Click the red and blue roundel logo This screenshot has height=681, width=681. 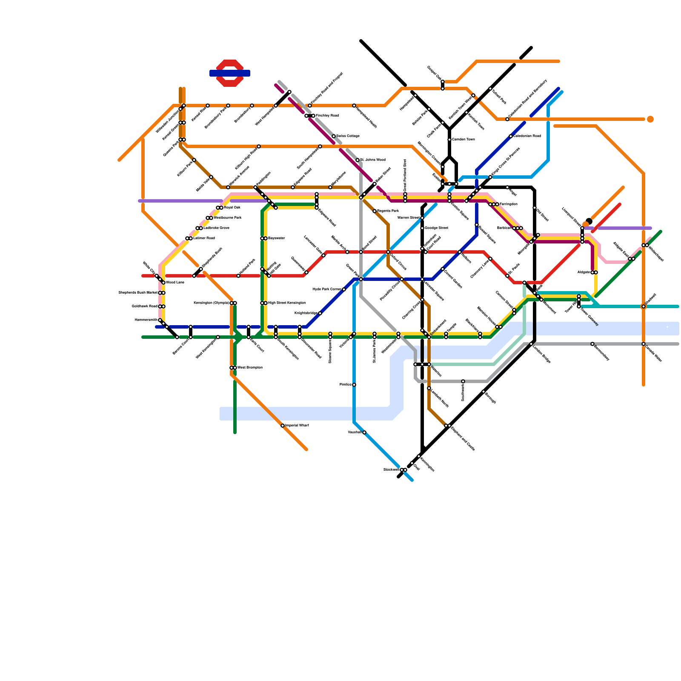point(230,73)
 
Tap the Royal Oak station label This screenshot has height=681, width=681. point(232,208)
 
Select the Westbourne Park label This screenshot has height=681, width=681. point(227,218)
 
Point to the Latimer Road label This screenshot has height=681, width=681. point(204,238)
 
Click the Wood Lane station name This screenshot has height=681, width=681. point(175,283)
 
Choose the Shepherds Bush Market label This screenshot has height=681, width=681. point(138,293)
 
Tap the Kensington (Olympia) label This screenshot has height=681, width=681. point(211,303)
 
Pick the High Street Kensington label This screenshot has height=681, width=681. point(286,303)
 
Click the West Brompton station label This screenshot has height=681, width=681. point(250,368)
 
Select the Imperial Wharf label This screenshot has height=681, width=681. point(297,426)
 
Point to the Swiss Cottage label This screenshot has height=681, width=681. point(348,136)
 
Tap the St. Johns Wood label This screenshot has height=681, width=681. point(372,160)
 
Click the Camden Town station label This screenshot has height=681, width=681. point(463,140)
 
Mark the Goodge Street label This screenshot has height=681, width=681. point(436,228)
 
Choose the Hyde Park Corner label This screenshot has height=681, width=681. point(327,289)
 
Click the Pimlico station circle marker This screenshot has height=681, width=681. point(354,385)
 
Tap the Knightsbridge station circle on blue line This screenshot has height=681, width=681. point(320,313)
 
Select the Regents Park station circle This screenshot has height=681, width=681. point(375,211)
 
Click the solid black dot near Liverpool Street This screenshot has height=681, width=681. point(589,221)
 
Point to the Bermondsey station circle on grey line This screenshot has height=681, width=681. point(592,344)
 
